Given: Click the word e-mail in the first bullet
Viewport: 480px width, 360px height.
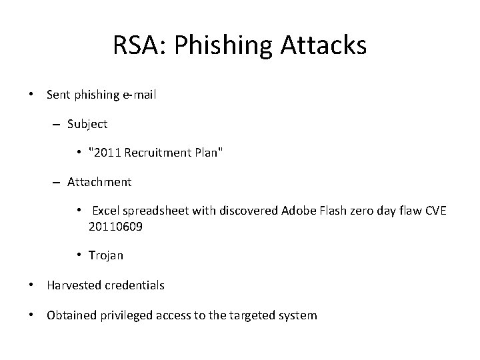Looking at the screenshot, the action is (139, 95).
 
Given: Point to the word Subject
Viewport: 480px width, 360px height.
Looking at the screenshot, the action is (87, 123).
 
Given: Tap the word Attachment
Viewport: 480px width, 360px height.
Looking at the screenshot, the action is (99, 181).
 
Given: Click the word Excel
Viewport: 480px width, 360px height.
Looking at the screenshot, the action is (107, 211).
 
